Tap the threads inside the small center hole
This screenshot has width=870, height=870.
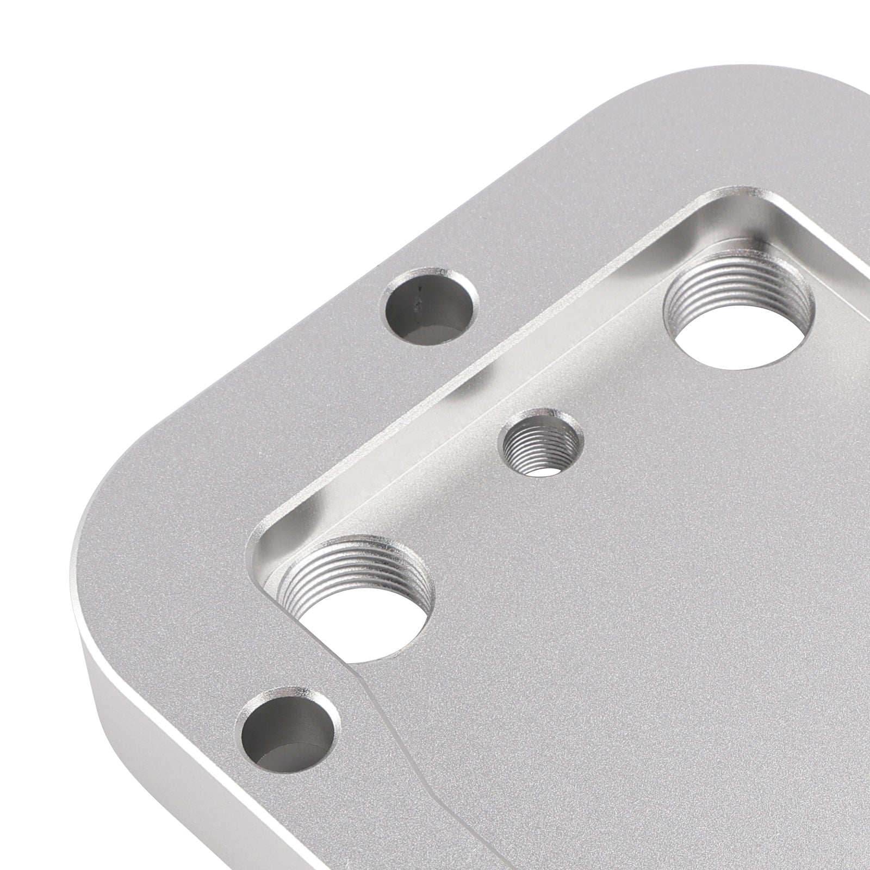click(530, 435)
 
